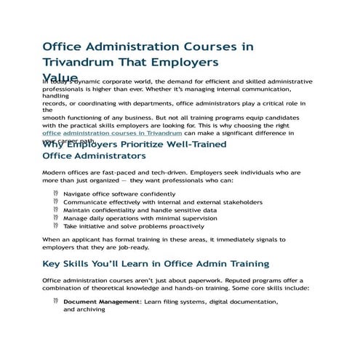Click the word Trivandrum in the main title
(x=79, y=63)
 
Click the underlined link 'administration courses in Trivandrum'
(x=123, y=134)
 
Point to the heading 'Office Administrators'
(x=95, y=156)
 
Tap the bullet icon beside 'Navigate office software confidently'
(x=56, y=194)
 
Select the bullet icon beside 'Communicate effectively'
(x=56, y=202)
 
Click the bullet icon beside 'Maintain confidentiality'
(x=56, y=210)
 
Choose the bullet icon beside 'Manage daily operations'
(x=56, y=218)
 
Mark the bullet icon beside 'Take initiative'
(x=56, y=226)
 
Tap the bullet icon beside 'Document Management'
(x=56, y=301)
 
